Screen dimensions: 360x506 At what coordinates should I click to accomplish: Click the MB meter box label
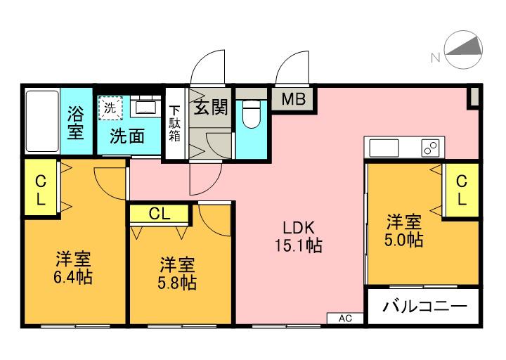(294, 99)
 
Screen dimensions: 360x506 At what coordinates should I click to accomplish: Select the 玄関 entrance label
(210, 108)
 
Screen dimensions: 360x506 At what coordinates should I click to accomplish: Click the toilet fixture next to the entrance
(251, 114)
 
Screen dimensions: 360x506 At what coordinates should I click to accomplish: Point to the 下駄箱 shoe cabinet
(174, 124)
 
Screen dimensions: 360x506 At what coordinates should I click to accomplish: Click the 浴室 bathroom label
(76, 121)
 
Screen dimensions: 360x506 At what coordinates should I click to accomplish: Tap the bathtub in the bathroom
(41, 120)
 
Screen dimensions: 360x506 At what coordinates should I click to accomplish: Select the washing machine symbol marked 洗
(110, 108)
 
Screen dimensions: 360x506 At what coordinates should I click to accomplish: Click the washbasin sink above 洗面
(147, 108)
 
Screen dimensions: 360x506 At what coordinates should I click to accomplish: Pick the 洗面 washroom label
(127, 136)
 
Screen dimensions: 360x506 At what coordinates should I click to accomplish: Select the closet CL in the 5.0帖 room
(461, 190)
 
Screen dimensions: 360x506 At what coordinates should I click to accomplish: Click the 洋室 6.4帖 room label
(73, 266)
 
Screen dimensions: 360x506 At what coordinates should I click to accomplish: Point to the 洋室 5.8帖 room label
(176, 274)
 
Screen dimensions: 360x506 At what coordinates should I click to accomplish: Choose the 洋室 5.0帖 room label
(403, 231)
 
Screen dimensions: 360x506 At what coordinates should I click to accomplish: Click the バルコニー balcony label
(424, 307)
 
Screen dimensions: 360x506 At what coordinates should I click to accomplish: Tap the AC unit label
(345, 318)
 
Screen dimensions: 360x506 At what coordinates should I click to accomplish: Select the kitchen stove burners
(429, 148)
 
